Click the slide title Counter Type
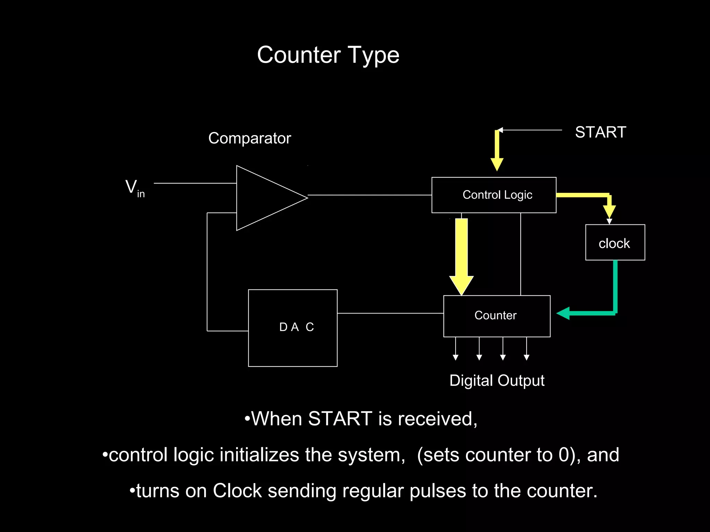tap(328, 55)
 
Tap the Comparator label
tap(250, 138)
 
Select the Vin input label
tap(135, 188)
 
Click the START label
tap(600, 132)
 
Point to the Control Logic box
tap(494, 195)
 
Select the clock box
tap(615, 242)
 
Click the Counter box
tap(496, 316)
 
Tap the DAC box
tap(293, 328)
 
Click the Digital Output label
tap(497, 380)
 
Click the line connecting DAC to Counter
tap(390, 313)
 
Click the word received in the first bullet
tap(435, 419)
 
